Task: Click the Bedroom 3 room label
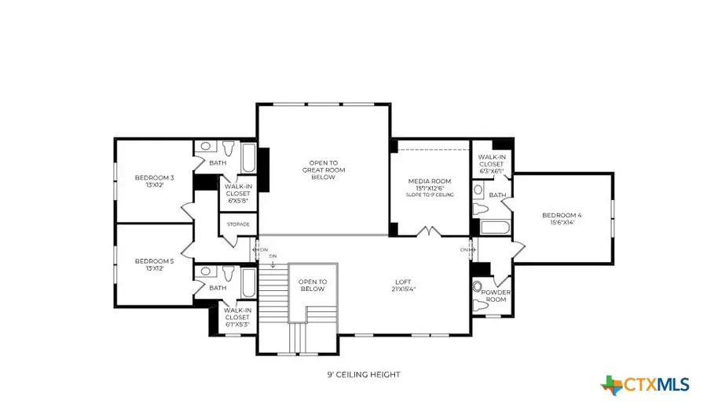154,182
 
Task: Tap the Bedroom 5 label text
154,265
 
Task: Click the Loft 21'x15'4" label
405,286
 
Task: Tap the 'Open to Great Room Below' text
323,170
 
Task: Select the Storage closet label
238,224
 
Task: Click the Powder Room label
496,296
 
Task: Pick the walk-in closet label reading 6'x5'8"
237,193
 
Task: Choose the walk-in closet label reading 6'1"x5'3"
237,317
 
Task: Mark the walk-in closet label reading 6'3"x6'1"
491,164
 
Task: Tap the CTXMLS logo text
656,384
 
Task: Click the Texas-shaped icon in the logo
612,384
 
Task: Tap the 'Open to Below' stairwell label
312,285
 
